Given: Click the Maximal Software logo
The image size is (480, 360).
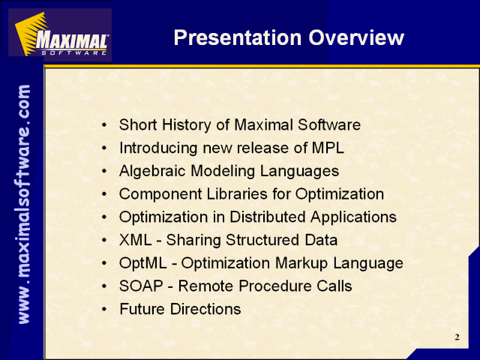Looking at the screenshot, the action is [60, 34].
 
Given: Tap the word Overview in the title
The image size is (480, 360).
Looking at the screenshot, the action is [356, 37].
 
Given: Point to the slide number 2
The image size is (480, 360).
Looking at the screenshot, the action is [457, 337].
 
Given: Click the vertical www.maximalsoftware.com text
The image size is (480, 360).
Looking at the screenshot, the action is [24, 204].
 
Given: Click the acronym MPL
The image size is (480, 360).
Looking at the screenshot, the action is [328, 148].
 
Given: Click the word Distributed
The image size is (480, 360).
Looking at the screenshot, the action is [268, 217].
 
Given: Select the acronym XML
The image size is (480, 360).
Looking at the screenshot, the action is [135, 240].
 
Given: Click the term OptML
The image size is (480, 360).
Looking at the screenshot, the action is [143, 263].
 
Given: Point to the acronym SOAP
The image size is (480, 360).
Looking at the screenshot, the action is [141, 286].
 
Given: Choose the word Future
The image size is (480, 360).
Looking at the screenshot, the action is [142, 309].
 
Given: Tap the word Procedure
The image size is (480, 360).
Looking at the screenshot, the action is [275, 286].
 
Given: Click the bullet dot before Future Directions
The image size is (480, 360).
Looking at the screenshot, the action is [105, 310].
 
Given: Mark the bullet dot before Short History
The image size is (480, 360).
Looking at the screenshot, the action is [105, 125].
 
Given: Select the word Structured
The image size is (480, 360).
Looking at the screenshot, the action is [262, 240].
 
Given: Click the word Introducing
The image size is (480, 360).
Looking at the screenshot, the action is [158, 148].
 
